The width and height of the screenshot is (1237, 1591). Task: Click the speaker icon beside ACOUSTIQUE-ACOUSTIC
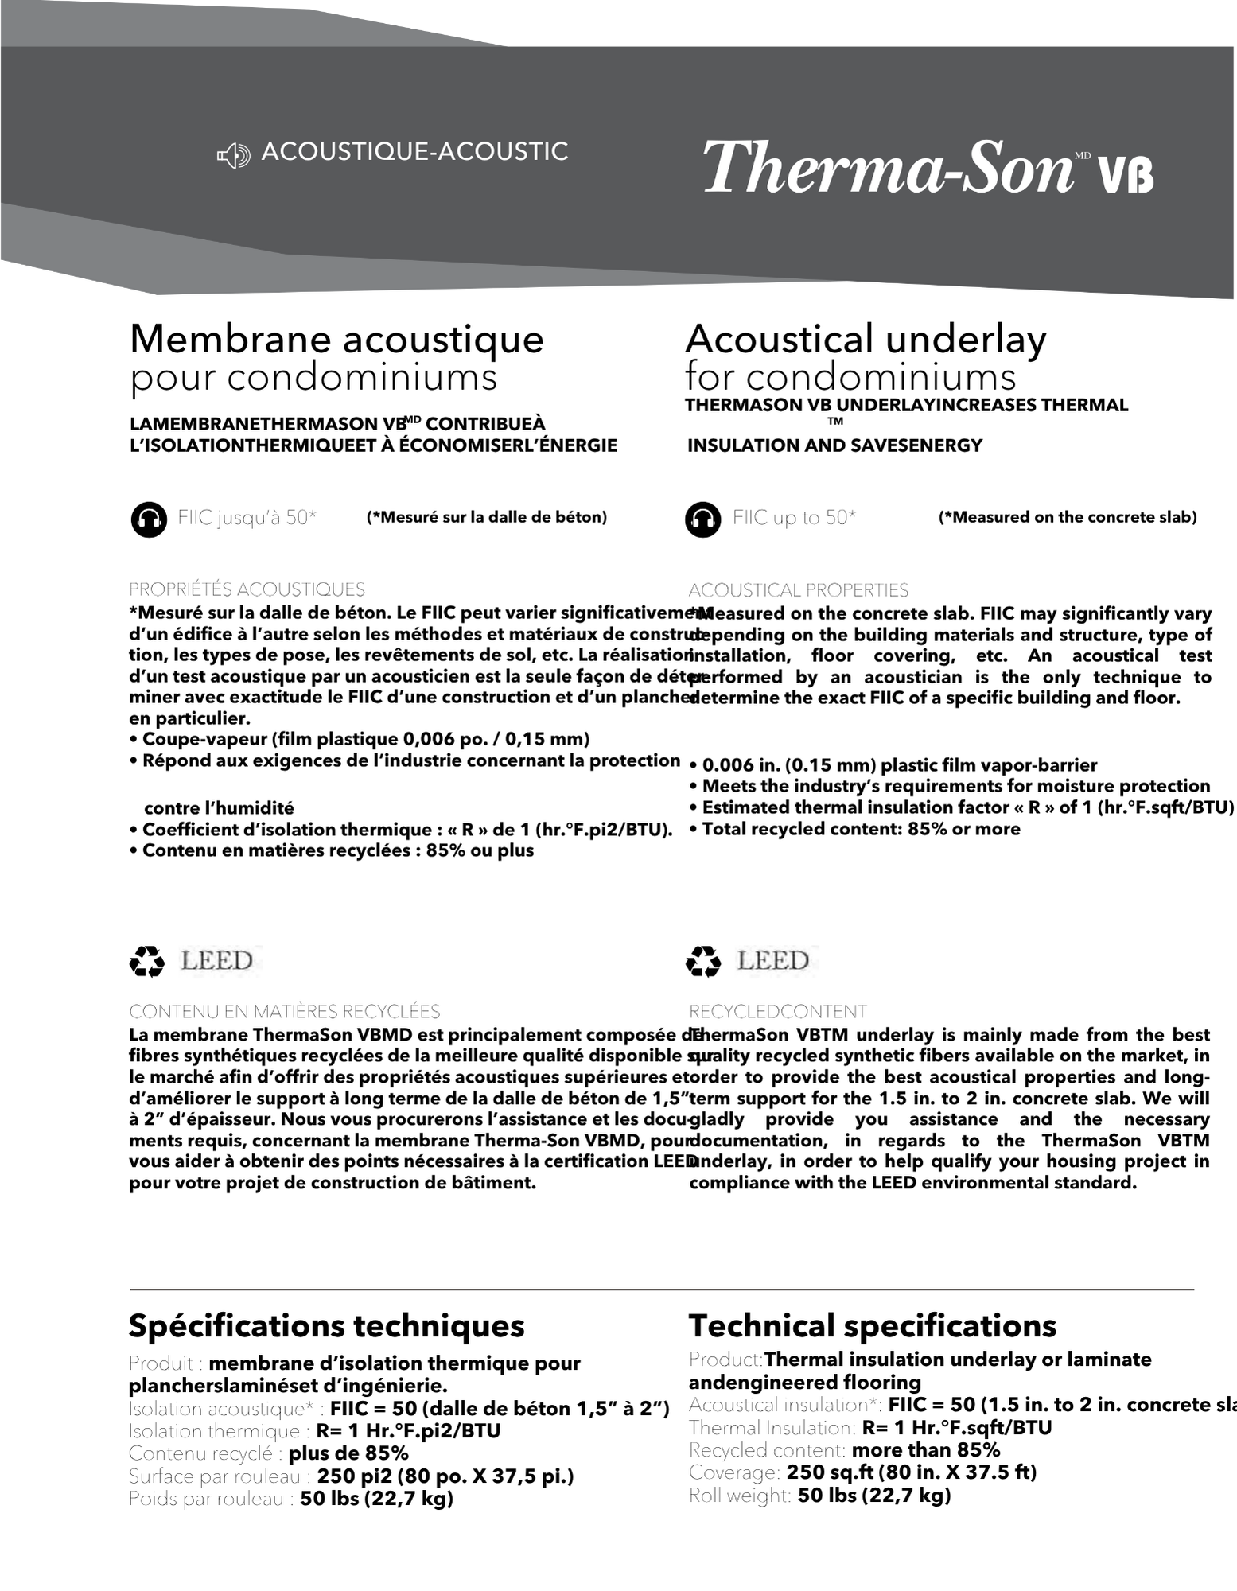[233, 155]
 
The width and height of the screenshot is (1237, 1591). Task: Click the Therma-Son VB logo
[928, 166]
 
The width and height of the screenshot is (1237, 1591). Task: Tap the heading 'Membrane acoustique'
[336, 339]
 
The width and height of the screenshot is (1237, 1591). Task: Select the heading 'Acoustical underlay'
[866, 339]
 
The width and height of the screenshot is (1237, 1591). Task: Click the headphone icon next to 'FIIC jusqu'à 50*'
[149, 519]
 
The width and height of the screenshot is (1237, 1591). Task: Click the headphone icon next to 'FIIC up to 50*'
[702, 519]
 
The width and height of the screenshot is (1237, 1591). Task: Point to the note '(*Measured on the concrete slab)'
[1068, 517]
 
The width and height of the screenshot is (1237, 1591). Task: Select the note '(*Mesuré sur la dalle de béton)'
[487, 517]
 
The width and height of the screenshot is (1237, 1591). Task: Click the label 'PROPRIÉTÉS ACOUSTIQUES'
[247, 589]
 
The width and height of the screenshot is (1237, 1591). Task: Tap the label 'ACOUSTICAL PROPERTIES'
[798, 590]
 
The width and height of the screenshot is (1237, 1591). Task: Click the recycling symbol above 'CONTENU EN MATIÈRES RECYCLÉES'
[147, 961]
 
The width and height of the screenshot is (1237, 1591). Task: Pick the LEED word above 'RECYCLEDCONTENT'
[772, 960]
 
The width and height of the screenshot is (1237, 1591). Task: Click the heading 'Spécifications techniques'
[326, 1326]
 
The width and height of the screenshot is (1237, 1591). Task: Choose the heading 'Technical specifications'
[872, 1326]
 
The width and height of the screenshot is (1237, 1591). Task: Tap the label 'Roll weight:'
[740, 1496]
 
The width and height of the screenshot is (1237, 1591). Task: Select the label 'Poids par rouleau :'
[212, 1499]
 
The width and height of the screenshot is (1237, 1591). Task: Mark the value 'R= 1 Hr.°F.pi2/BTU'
[408, 1431]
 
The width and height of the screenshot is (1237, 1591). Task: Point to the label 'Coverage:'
[734, 1472]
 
